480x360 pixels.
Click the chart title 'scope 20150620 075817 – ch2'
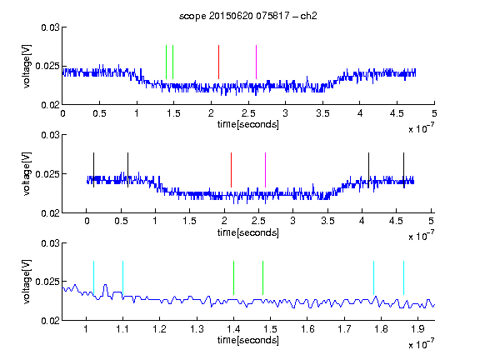pos(248,16)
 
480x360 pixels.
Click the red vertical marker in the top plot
pos(218,62)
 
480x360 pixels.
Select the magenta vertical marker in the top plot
pos(256,62)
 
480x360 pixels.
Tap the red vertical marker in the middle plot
pos(231,170)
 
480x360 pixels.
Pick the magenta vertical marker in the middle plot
pos(265,170)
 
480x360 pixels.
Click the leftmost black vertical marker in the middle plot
pos(93,170)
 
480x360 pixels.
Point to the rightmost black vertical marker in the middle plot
pos(404,170)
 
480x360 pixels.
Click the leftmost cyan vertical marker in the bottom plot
pos(93,278)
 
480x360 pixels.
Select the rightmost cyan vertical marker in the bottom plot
pos(404,278)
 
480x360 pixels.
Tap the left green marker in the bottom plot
pos(233,278)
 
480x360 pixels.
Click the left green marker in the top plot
pos(166,62)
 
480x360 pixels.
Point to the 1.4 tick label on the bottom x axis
pos(233,329)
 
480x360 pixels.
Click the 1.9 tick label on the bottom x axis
pos(417,329)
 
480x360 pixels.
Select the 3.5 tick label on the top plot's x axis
pos(322,113)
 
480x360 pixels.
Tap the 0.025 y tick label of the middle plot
pos(47,174)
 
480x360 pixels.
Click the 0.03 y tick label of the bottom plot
pos(50,243)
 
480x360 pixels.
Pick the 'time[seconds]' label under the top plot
pos(248,125)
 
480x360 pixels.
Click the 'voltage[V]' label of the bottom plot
pos(27,282)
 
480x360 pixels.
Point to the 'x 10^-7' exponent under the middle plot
pos(421,236)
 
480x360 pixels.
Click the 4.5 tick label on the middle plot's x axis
pos(396,221)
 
